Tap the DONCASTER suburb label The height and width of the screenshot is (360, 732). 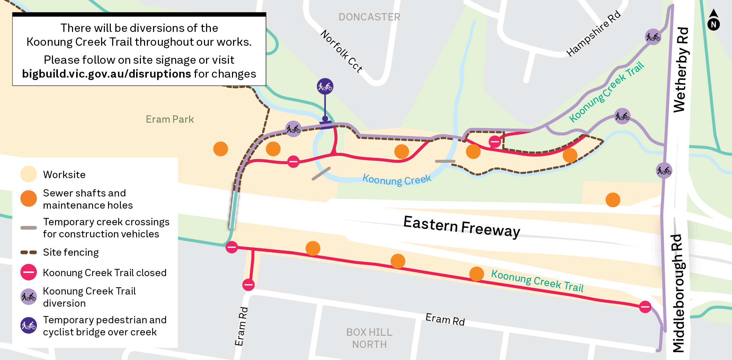pos(369,17)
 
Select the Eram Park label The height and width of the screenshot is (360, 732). pos(170,119)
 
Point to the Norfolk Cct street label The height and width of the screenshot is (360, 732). pos(341,51)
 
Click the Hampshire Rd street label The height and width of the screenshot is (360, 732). pos(593,34)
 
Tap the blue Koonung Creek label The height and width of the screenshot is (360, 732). pos(397,179)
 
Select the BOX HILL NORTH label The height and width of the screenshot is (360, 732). pos(369,338)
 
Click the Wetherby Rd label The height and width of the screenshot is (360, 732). pos(681,69)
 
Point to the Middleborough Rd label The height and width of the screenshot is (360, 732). pos(678,293)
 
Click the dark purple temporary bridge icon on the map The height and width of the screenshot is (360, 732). pos(325,86)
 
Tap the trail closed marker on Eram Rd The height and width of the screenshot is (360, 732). pos(248,285)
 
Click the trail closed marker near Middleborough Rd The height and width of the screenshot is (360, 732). pos(645,307)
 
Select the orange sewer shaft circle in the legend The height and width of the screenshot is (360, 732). pos(29,199)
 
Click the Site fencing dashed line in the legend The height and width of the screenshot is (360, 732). pos(29,252)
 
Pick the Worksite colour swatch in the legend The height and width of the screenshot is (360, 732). pos(29,174)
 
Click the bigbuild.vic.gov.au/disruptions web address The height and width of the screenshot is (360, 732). pos(106,74)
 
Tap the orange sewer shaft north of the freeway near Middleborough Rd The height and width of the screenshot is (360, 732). pos(613,200)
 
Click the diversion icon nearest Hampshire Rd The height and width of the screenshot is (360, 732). pos(653,37)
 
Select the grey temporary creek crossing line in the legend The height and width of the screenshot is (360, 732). pos(29,228)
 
